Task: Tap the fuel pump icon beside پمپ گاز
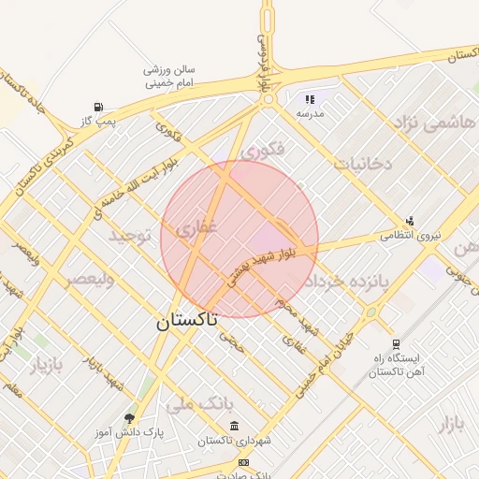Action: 99,106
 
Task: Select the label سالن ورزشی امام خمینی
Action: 169,76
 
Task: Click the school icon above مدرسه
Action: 311,98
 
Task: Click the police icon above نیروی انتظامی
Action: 409,220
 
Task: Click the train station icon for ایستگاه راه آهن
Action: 397,344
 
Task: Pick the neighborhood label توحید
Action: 130,235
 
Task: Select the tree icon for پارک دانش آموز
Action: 129,418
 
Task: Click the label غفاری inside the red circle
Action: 196,226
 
